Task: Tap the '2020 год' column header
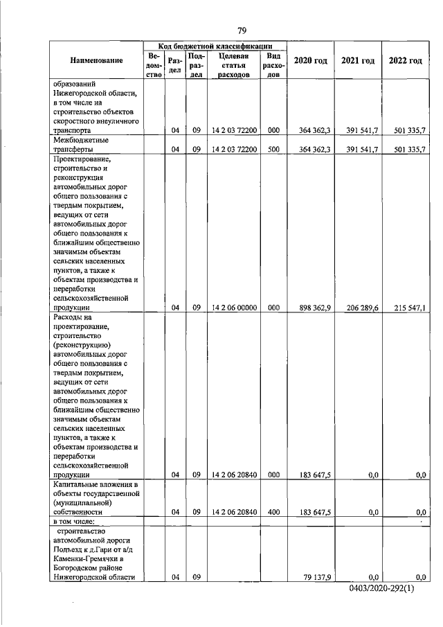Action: pos(310,60)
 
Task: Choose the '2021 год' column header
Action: pos(358,60)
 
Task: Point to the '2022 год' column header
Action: pos(406,60)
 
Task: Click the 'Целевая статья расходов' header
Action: pos(233,65)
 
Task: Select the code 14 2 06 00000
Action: pos(235,307)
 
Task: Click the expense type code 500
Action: pos(273,149)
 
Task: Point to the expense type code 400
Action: pos(273,512)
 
